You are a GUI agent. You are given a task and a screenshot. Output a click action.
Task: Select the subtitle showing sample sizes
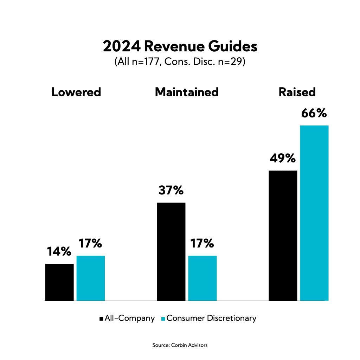180,63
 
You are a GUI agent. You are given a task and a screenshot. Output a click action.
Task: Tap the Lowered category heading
76,92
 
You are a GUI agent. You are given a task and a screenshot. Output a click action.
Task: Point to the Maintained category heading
187,92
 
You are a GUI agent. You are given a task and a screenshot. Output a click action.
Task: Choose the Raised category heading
297,92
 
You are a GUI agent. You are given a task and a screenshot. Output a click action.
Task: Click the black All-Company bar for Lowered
59,282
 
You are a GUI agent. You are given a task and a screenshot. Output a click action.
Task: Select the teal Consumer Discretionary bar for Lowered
90,278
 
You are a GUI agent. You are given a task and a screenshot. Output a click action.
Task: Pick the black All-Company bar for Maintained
171,251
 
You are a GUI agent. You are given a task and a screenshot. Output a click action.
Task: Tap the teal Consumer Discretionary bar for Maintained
202,278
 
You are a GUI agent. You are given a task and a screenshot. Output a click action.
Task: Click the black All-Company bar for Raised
283,236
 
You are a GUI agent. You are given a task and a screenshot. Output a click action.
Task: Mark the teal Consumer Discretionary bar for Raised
314,213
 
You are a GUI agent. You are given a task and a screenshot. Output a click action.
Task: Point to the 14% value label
59,251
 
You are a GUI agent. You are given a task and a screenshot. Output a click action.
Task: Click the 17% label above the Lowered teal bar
90,243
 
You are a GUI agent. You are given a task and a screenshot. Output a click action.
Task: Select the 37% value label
171,190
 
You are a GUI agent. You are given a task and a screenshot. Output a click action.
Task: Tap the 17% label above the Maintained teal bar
202,243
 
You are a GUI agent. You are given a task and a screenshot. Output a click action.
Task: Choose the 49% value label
283,159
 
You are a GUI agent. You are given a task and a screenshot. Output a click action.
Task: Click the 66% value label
314,114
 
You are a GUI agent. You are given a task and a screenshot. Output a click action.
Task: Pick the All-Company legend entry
127,319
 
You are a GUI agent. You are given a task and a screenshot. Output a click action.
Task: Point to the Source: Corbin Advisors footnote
180,345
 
